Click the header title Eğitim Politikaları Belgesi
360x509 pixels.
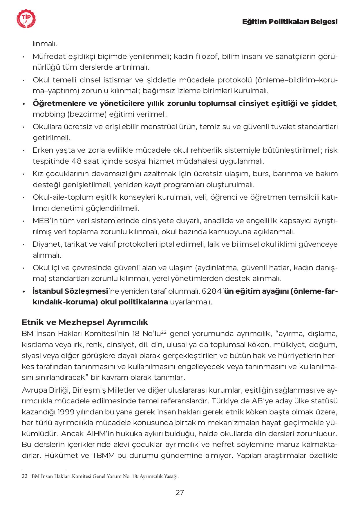[x=290, y=22]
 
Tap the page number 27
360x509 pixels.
[x=180, y=492]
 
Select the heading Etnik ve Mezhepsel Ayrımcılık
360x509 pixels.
[x=85, y=322]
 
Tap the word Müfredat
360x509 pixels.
[x=48, y=56]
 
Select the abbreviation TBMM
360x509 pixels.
[x=104, y=455]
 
